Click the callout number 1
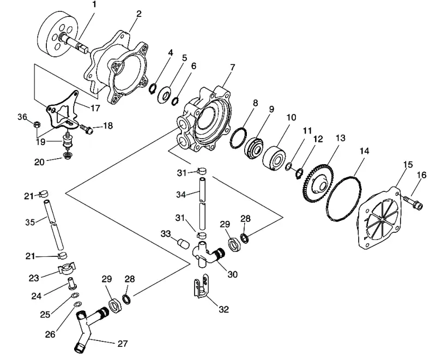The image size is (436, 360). (x=94, y=5)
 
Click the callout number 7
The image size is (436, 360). (x=233, y=67)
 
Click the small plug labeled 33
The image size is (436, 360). (x=184, y=244)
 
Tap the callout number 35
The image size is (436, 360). (x=30, y=223)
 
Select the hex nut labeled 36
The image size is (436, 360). (x=36, y=124)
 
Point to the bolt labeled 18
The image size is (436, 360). (x=87, y=128)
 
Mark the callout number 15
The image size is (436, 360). (x=408, y=164)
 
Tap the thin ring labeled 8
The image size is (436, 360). (x=238, y=138)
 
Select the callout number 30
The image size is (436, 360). (x=233, y=274)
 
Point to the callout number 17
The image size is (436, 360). (x=95, y=108)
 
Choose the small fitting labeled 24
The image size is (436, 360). (x=72, y=283)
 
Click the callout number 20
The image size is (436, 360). (x=39, y=162)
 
